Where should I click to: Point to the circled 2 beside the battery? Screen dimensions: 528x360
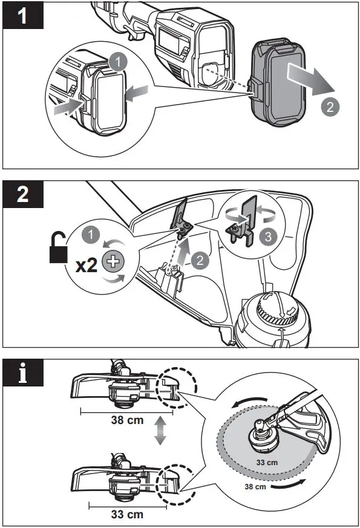(x=330, y=107)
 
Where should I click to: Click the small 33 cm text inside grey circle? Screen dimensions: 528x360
(x=267, y=462)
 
